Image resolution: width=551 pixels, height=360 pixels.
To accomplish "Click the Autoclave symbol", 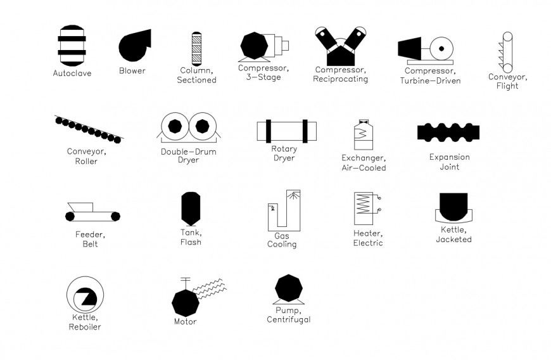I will (72, 45).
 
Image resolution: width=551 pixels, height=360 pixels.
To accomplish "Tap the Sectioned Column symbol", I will (196, 48).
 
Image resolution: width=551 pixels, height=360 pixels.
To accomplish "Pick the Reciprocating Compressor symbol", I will (341, 46).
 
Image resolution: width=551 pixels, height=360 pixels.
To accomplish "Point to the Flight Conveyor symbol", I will (507, 52).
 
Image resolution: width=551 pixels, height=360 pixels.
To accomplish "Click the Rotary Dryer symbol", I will (286, 131).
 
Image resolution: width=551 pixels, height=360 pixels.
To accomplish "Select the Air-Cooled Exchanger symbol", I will (363, 134).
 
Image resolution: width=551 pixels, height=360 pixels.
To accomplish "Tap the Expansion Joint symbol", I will (448, 132).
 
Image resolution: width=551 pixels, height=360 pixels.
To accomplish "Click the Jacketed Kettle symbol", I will (453, 207).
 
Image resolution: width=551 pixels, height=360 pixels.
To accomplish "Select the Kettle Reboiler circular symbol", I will (85, 295).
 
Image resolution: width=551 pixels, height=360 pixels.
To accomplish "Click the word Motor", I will (185, 321).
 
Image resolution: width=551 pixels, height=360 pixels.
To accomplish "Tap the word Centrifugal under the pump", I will (289, 319).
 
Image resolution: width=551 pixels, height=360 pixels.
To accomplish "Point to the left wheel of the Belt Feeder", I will (70, 217).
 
